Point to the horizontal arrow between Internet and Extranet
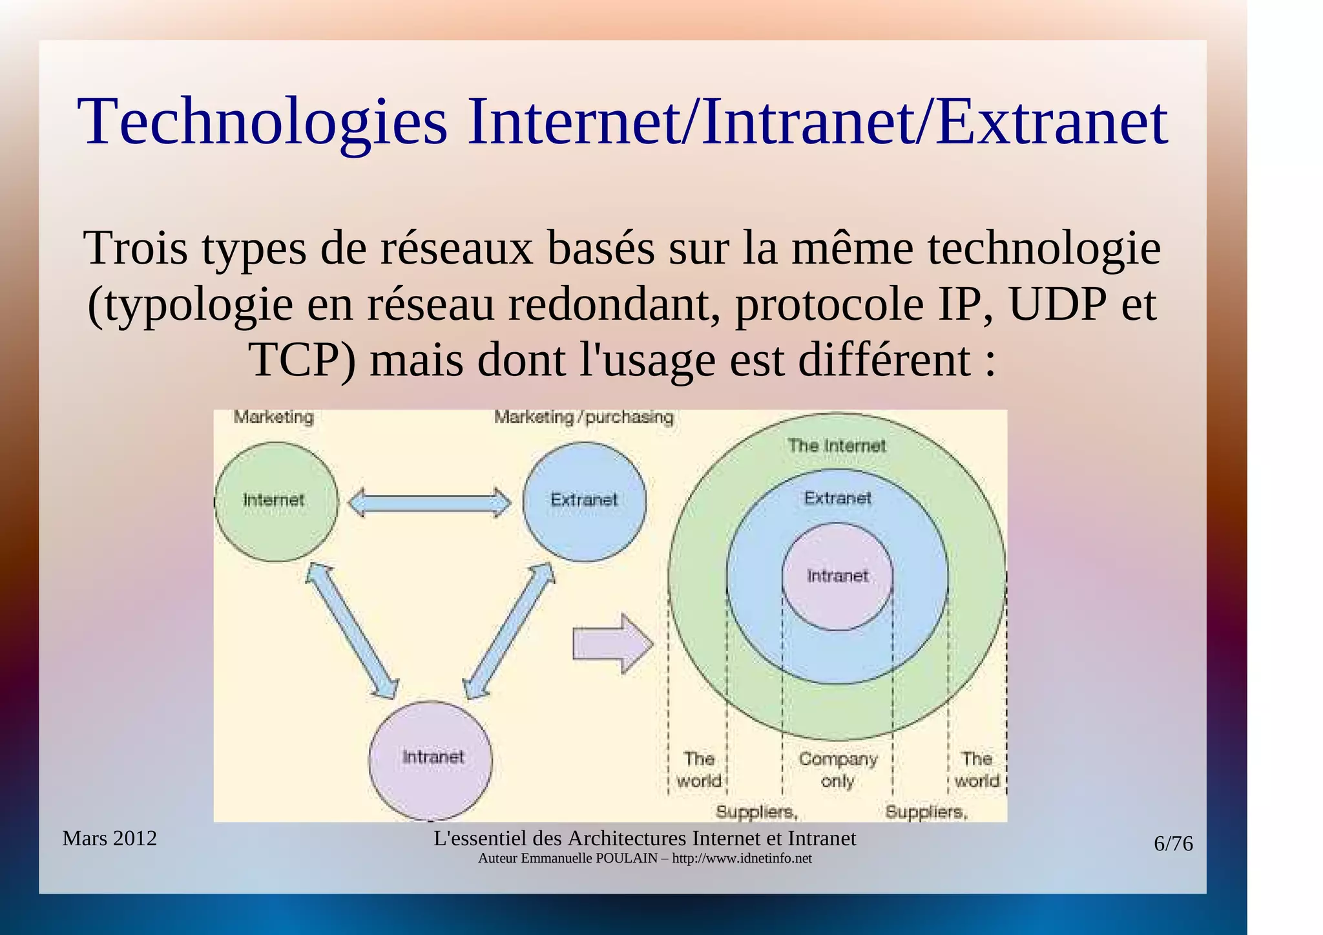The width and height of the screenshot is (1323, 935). [x=430, y=502]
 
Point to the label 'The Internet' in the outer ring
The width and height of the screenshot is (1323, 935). [x=837, y=445]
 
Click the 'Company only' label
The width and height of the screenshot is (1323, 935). [x=838, y=770]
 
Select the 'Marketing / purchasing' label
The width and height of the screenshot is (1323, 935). [x=584, y=417]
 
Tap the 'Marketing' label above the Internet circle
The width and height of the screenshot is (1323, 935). [x=273, y=417]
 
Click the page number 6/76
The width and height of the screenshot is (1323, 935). [x=1173, y=844]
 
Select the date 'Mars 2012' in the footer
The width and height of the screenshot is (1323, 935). [x=110, y=838]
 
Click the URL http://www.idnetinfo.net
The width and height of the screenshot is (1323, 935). [x=742, y=859]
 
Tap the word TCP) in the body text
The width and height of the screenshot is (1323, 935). [x=302, y=360]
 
